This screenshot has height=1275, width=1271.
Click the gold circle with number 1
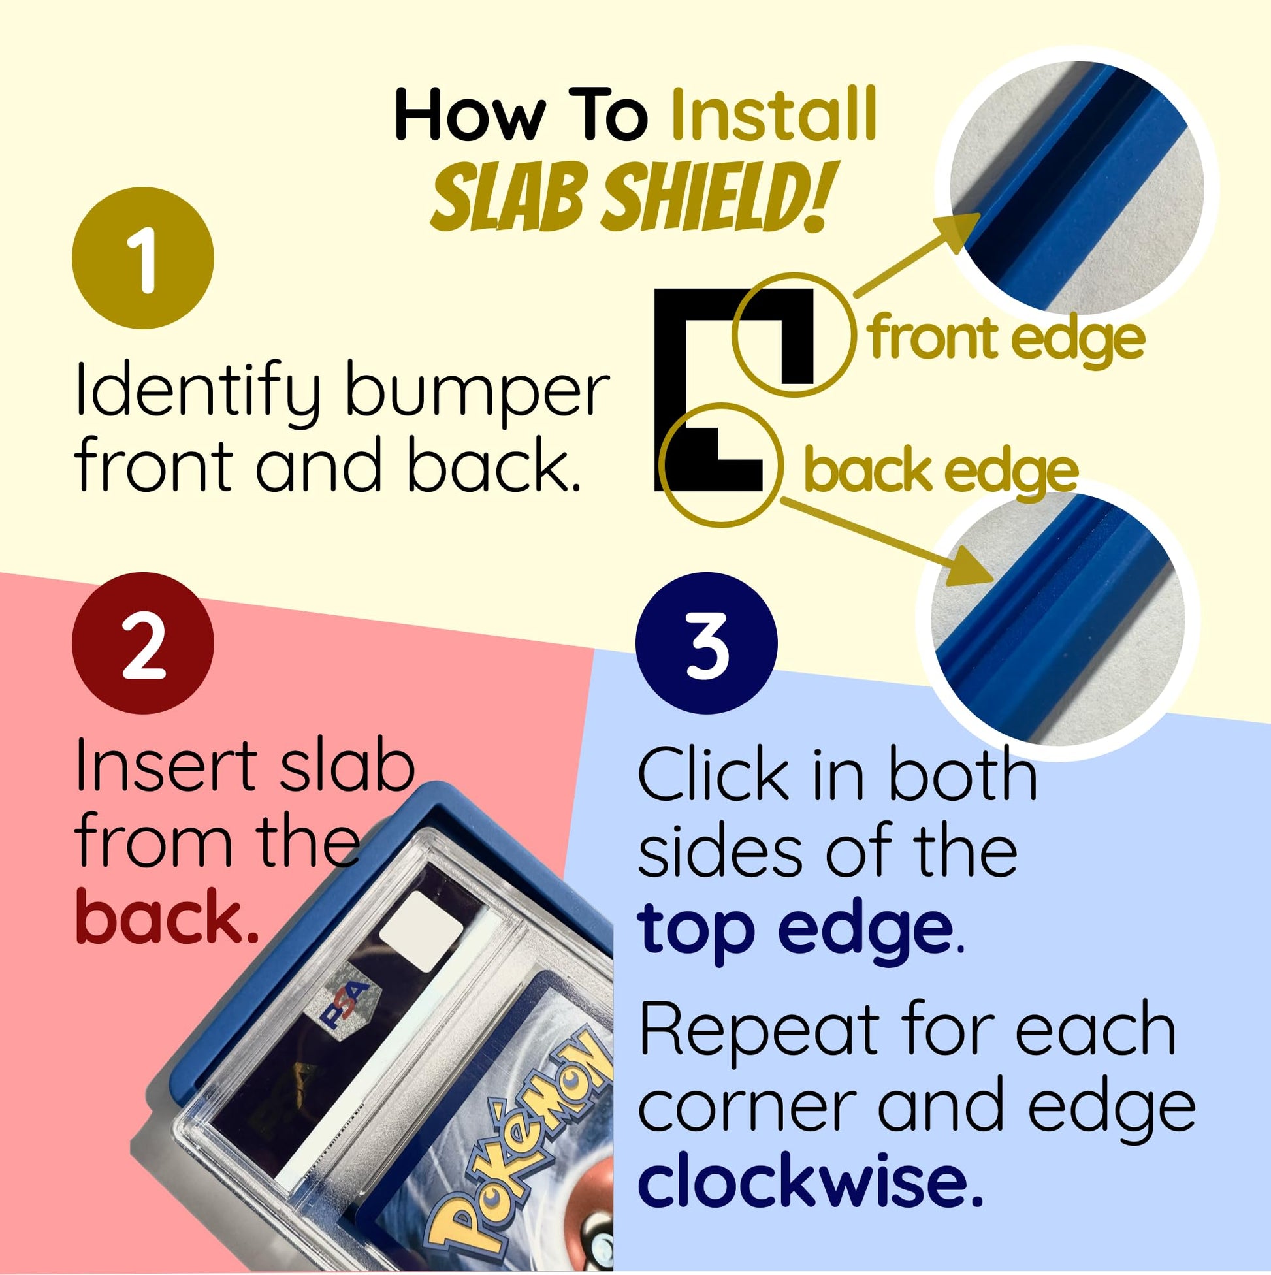tap(143, 257)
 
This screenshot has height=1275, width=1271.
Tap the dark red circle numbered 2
tap(143, 643)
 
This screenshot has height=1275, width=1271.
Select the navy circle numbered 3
tap(706, 643)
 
